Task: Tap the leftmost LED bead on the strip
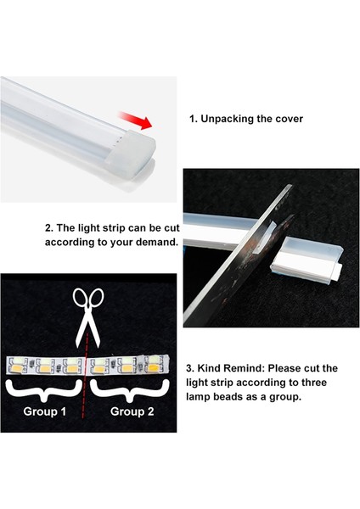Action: tap(16, 366)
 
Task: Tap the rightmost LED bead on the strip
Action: tap(152, 366)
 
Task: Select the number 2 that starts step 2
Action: tap(48, 228)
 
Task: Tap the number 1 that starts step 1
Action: tap(192, 120)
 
